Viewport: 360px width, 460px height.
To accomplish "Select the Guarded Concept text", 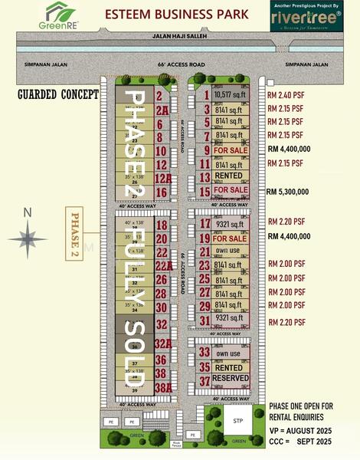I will click(59, 94).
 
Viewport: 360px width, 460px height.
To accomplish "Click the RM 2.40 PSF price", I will click(286, 95).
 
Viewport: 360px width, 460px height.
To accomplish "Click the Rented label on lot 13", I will click(229, 176).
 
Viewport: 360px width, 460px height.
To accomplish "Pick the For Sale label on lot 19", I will click(230, 238).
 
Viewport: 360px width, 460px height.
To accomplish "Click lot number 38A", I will click(162, 388).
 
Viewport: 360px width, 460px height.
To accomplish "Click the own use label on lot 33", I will click(228, 354).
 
